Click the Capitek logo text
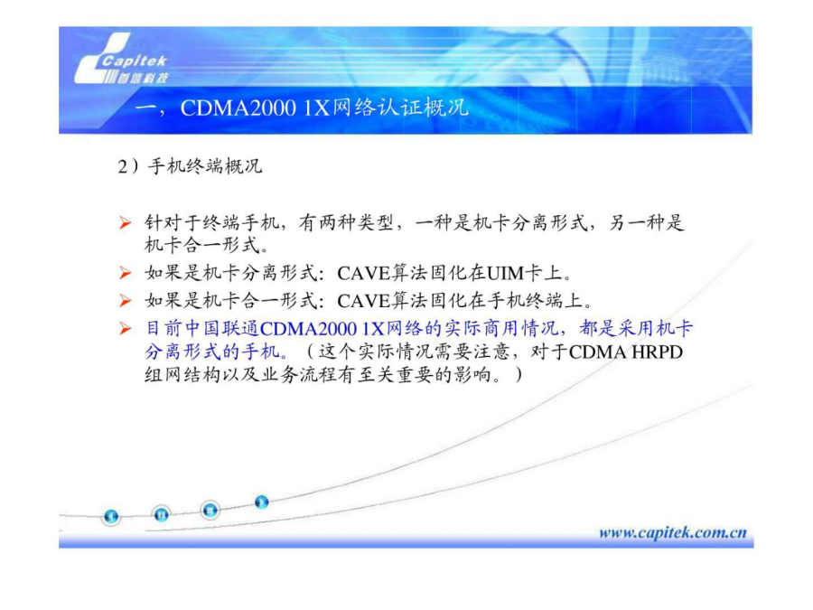[x=134, y=61]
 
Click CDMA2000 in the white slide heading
[x=238, y=108]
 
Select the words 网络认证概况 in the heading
[x=400, y=108]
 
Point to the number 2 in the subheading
[x=122, y=167]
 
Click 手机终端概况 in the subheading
[x=205, y=166]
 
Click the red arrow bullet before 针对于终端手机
[x=125, y=223]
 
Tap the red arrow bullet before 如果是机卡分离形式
[x=125, y=272]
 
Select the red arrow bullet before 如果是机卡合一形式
[x=125, y=300]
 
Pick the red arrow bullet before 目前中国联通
[x=125, y=328]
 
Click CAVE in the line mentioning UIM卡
[x=363, y=273]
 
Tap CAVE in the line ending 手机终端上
[x=363, y=301]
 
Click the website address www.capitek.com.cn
[x=672, y=532]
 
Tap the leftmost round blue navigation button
[x=111, y=517]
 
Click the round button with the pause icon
[x=162, y=514]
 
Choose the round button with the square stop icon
[x=210, y=511]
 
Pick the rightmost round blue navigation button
[x=261, y=502]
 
